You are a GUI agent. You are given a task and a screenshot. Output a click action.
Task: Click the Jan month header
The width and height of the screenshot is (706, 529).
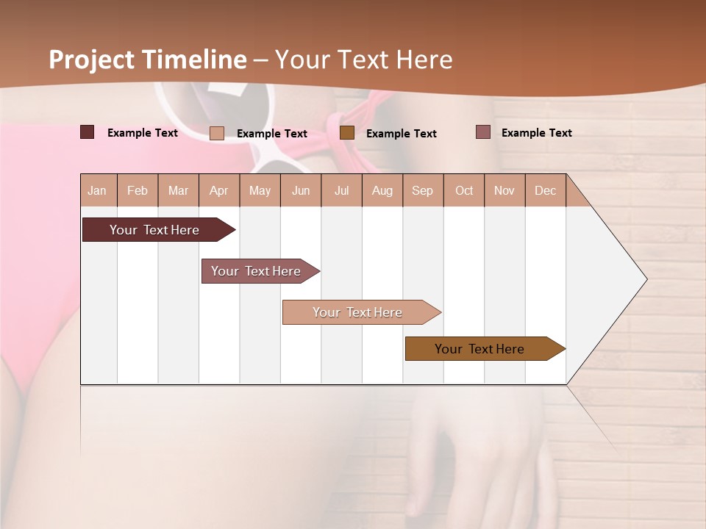pyautogui.click(x=97, y=190)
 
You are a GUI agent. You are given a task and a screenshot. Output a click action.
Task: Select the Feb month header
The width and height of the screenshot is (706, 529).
pyautogui.click(x=138, y=190)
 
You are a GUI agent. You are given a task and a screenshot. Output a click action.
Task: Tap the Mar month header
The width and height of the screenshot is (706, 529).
pyautogui.click(x=178, y=190)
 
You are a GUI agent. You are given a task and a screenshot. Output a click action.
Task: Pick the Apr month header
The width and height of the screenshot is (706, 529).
pyautogui.click(x=218, y=190)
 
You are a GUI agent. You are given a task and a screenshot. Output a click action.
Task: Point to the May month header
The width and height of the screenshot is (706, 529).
pyautogui.click(x=260, y=190)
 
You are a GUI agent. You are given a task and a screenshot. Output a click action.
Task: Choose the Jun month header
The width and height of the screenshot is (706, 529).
pyautogui.click(x=301, y=190)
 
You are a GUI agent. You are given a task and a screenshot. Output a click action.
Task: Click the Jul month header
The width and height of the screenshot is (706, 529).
pyautogui.click(x=341, y=190)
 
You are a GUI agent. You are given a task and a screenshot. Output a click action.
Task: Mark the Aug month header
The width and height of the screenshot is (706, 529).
pyautogui.click(x=382, y=190)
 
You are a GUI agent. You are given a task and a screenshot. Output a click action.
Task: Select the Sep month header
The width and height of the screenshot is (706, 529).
pyautogui.click(x=422, y=190)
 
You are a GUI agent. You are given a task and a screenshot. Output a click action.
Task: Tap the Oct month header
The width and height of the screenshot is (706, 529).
pyautogui.click(x=464, y=190)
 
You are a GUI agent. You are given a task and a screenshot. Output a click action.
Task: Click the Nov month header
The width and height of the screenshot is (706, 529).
pyautogui.click(x=504, y=190)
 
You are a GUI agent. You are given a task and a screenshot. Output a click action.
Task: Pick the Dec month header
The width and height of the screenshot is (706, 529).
pyautogui.click(x=545, y=190)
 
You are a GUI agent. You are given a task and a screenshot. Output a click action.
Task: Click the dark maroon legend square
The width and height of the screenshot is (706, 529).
pyautogui.click(x=88, y=132)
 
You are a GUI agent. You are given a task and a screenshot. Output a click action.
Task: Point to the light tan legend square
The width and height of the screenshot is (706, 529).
pyautogui.click(x=217, y=133)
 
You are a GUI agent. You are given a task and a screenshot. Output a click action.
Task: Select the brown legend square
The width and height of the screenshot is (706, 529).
pyautogui.click(x=347, y=132)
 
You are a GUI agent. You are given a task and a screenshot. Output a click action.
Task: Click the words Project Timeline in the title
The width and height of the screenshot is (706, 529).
pyautogui.click(x=148, y=60)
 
